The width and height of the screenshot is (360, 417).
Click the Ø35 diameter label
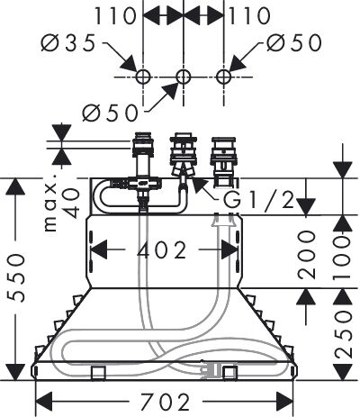[x=67, y=43]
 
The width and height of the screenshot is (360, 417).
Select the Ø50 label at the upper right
[x=294, y=42]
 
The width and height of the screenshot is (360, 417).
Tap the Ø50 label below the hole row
[x=111, y=113]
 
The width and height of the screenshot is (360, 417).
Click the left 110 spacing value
[x=116, y=16]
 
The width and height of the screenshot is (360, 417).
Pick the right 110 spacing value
[x=249, y=16]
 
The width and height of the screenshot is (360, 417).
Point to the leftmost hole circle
[x=143, y=77]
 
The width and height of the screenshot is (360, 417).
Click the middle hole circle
[x=183, y=77]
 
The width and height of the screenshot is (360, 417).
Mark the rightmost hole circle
[x=223, y=77]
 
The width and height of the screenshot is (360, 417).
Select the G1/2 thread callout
[x=258, y=200]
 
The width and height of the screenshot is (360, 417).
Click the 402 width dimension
[x=162, y=250]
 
